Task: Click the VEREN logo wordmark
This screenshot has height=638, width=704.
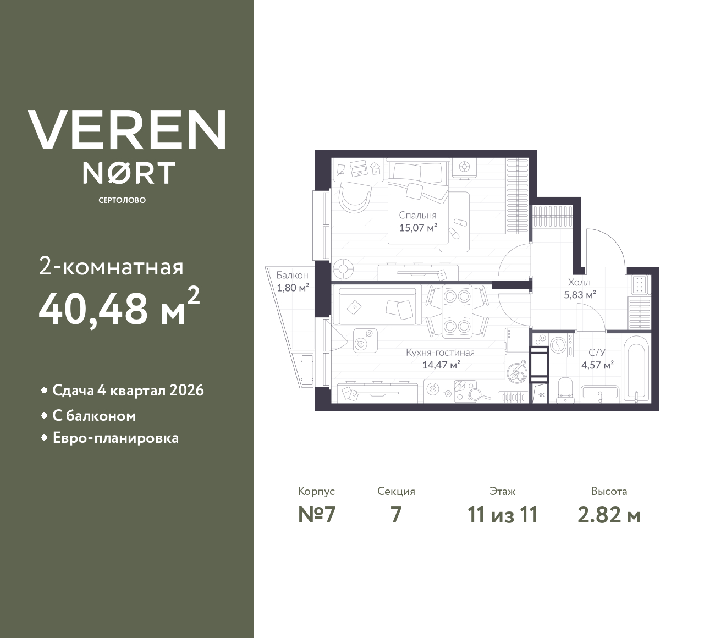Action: tap(127, 130)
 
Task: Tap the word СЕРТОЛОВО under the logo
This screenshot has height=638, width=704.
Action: tap(122, 200)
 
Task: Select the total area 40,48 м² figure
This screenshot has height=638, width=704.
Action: tap(118, 309)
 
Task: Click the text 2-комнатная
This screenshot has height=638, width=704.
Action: tap(111, 267)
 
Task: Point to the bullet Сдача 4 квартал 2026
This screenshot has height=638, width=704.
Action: tap(128, 391)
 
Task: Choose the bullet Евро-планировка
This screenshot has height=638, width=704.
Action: tap(116, 438)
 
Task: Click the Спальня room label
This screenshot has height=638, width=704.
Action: tap(417, 216)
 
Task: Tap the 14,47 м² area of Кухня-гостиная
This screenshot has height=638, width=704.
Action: tap(441, 364)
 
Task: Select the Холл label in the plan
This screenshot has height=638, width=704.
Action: tap(579, 282)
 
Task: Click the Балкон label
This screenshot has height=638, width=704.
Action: tap(292, 275)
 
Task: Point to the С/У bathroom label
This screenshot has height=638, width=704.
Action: tap(597, 353)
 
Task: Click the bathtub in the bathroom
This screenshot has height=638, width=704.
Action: tap(636, 369)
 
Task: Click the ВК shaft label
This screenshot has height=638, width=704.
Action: tap(540, 395)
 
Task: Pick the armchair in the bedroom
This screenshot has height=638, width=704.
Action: tap(354, 196)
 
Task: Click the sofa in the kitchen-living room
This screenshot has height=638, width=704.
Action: tap(377, 306)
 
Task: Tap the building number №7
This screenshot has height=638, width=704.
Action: tap(316, 515)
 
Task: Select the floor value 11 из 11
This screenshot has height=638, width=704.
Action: tap(502, 515)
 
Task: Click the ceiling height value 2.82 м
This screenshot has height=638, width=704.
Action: tap(609, 515)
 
